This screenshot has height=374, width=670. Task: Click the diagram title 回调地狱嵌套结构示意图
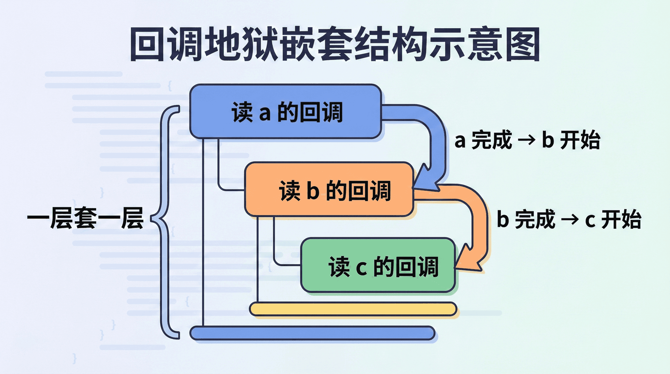click(335, 45)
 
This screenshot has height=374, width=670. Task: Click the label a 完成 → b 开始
click(527, 140)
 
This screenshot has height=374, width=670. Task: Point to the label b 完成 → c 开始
click(569, 219)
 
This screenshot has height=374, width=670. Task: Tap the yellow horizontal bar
click(353, 309)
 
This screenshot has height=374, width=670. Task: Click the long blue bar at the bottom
click(312, 333)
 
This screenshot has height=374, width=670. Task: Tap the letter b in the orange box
click(313, 190)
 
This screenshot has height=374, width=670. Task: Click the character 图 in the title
click(522, 45)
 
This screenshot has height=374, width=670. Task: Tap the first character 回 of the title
click(147, 45)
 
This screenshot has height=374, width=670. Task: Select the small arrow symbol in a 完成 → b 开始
click(527, 140)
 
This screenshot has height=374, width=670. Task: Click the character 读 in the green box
click(338, 267)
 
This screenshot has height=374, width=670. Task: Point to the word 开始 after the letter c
click(621, 219)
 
